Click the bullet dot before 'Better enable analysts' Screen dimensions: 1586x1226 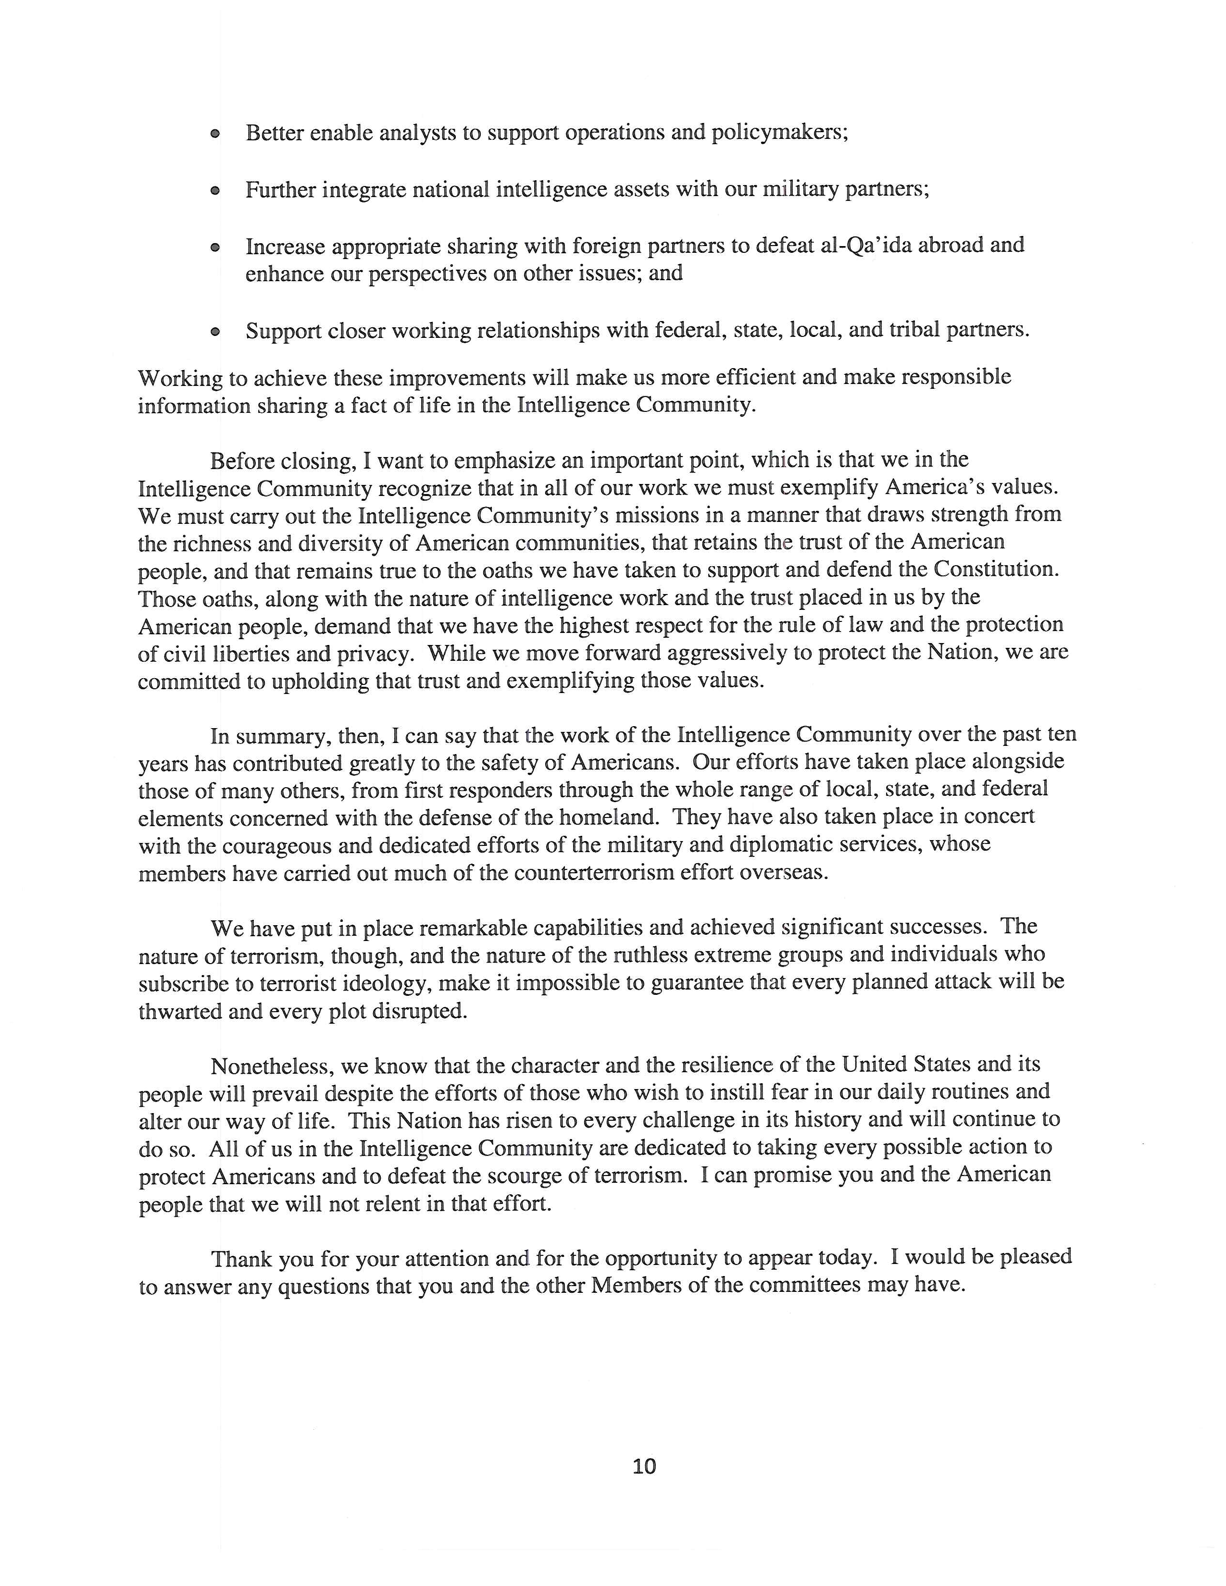tap(215, 135)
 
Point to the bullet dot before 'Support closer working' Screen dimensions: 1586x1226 tap(215, 332)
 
